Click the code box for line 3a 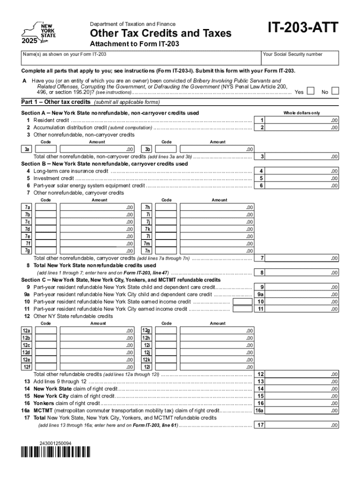pos(46,149)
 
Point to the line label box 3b pos(147,149)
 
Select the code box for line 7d pos(46,229)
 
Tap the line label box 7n pos(147,251)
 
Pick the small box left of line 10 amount pos(242,302)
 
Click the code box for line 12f pos(46,367)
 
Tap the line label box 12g pos(147,331)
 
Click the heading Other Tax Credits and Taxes pos(160,34)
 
